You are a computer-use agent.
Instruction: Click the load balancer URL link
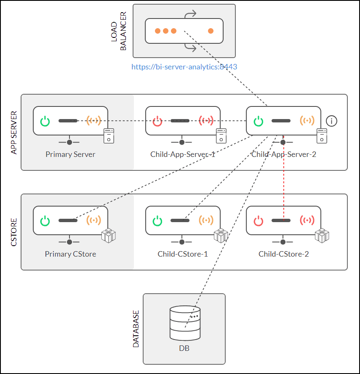184,67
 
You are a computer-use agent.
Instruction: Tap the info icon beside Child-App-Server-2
332,121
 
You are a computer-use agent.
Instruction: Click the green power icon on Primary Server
45,121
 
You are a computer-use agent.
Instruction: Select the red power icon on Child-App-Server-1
157,121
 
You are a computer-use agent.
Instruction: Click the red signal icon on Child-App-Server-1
206,121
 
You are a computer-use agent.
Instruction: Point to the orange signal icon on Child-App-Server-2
307,121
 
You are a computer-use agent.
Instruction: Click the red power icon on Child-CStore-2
259,220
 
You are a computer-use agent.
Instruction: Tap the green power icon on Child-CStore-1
157,220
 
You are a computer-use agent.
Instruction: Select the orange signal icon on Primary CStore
93,220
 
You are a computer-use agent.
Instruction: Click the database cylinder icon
184,323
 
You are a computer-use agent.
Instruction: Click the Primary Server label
70,154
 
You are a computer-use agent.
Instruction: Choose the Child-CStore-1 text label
183,254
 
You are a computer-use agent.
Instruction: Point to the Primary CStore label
70,254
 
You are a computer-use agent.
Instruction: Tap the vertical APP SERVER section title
14,133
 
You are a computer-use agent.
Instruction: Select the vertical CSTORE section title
14,232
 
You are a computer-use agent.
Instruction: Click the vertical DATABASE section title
136,329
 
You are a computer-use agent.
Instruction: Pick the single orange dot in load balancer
211,31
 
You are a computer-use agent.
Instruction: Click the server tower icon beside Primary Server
109,135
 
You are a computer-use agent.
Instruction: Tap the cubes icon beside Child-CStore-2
322,236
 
